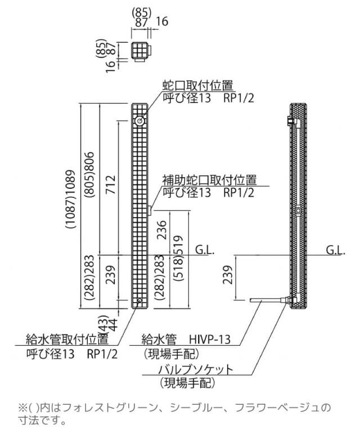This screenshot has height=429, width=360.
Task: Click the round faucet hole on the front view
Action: pyautogui.click(x=139, y=121)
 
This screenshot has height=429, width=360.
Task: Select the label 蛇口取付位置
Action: pyautogui.click(x=197, y=85)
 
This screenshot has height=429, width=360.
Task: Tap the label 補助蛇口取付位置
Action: pyautogui.click(x=209, y=180)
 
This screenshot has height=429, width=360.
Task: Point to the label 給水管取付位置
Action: pyautogui.click(x=67, y=339)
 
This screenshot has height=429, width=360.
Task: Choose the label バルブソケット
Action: pyautogui.click(x=195, y=370)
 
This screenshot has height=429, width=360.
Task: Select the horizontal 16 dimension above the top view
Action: pyautogui.click(x=162, y=22)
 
